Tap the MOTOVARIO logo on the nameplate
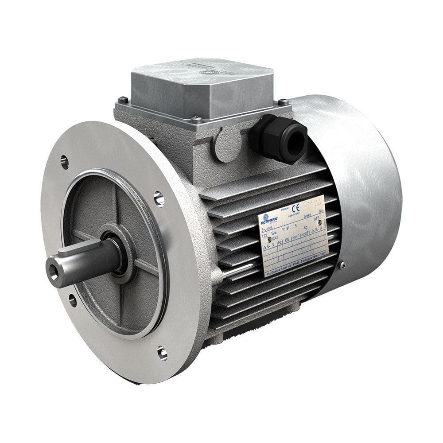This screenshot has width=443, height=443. click(x=269, y=221)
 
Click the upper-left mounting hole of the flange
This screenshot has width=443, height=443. click(x=65, y=162)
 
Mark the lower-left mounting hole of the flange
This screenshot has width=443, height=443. click(x=72, y=300)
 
